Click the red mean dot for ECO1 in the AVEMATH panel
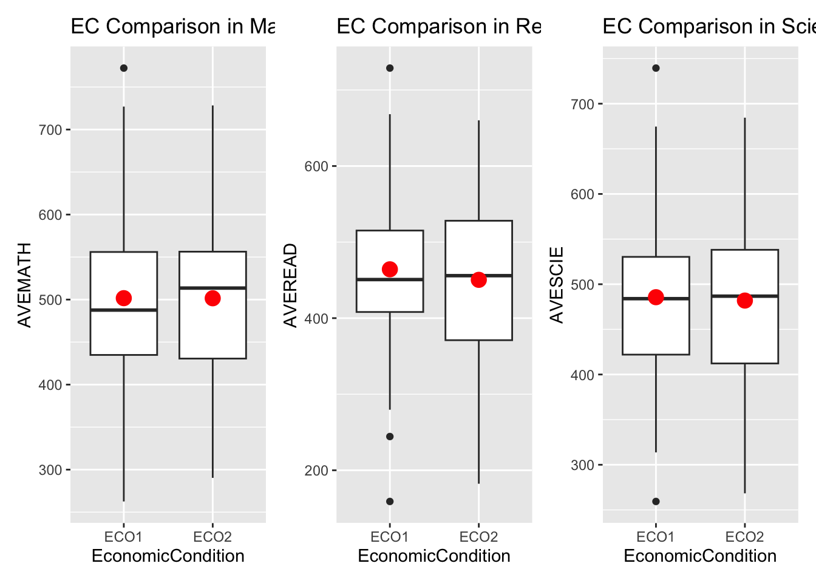coord(124,298)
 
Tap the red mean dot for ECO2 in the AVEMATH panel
coord(212,298)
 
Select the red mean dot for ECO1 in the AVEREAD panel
coord(390,269)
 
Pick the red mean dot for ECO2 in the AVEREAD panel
coord(478,280)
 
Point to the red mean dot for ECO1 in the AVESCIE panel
coord(656,297)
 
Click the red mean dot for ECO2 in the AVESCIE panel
coord(745,301)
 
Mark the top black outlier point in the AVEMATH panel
coord(124,68)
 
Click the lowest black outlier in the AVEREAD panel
coord(390,502)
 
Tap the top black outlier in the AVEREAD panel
coord(390,68)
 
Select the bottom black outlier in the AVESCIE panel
coord(656,502)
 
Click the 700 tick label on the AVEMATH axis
coord(50,130)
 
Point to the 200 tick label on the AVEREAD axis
coord(316,471)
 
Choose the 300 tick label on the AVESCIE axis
coord(582,465)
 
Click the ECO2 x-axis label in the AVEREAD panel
coord(478,537)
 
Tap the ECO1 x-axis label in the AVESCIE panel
coord(656,537)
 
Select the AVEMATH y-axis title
coord(24,285)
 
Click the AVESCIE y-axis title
coord(557,285)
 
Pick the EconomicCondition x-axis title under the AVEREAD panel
coord(434,556)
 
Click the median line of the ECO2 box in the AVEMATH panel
coord(212,288)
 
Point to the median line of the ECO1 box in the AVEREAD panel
coord(390,279)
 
